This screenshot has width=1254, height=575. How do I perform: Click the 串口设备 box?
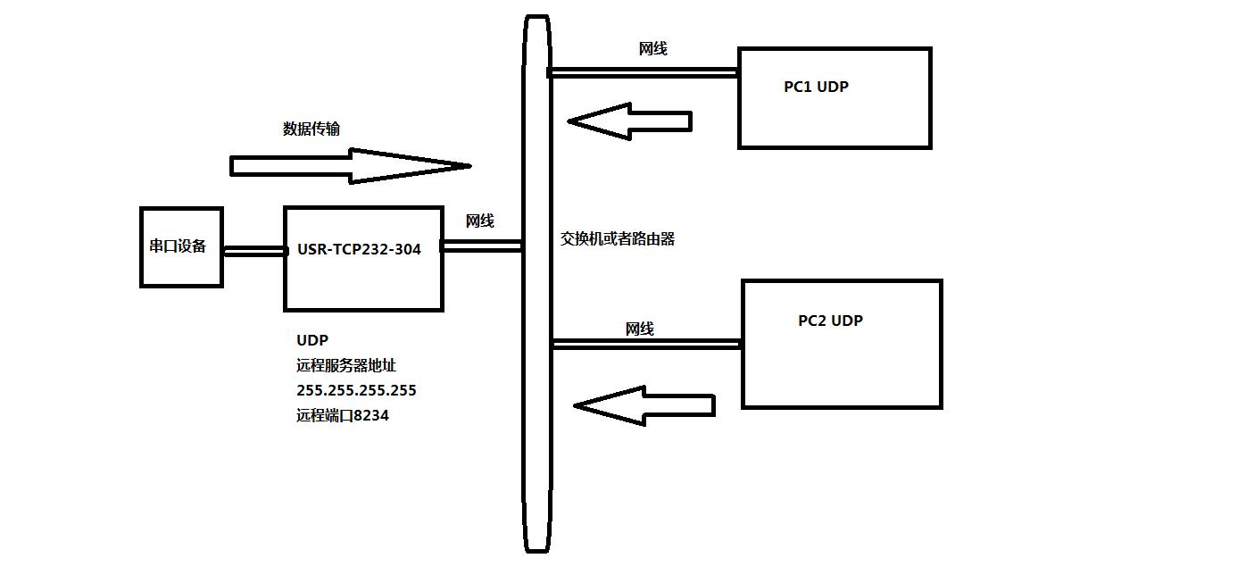pos(181,247)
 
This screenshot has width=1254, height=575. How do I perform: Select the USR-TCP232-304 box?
pos(363,259)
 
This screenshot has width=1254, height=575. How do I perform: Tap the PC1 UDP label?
pos(816,87)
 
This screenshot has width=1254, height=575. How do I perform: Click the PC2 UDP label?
pos(830,321)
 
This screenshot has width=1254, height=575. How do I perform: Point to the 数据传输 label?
pos(311,129)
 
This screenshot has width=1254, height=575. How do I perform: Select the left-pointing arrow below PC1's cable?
pos(630,121)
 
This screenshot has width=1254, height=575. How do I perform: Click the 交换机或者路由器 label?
pos(617,238)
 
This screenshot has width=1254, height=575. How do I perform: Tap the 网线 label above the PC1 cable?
pos(652,49)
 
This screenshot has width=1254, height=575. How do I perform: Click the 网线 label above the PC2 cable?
pos(639,329)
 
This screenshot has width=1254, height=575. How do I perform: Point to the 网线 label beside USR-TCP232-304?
pos(479,221)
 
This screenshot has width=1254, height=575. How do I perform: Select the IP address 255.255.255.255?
pos(356,390)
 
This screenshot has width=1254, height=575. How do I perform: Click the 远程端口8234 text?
pos(343,415)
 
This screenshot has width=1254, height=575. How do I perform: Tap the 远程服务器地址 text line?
pos(352,365)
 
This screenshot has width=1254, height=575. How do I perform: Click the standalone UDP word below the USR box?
pos(312,340)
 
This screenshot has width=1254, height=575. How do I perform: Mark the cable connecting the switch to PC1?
pos(643,71)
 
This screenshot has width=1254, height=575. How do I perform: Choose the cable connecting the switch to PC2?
pos(647,342)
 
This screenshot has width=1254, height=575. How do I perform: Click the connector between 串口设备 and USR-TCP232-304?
pos(253,251)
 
